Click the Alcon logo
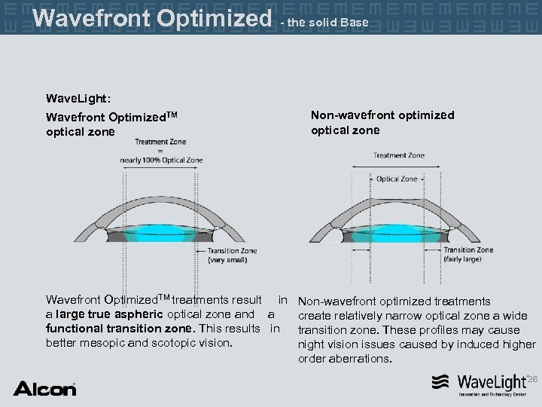44,389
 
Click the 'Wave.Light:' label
78,99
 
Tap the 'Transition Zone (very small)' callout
232,255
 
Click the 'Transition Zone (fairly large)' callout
468,254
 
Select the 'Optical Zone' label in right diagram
397,179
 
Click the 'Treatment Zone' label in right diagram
399,156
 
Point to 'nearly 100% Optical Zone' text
161,160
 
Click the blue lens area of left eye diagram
161,227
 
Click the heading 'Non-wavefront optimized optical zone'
382,123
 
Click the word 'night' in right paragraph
312,344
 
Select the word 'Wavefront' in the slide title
97,17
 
